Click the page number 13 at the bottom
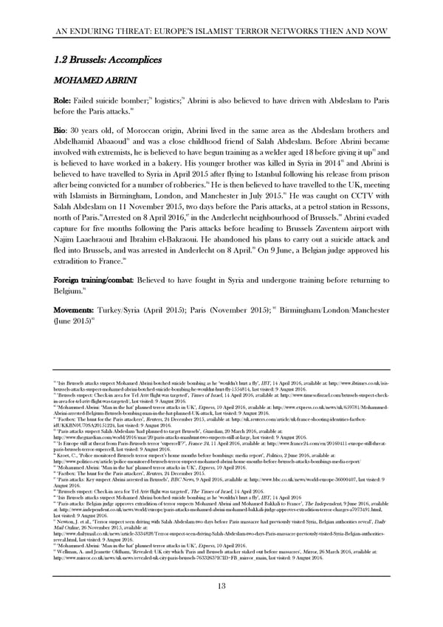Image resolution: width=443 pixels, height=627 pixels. point(221,586)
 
